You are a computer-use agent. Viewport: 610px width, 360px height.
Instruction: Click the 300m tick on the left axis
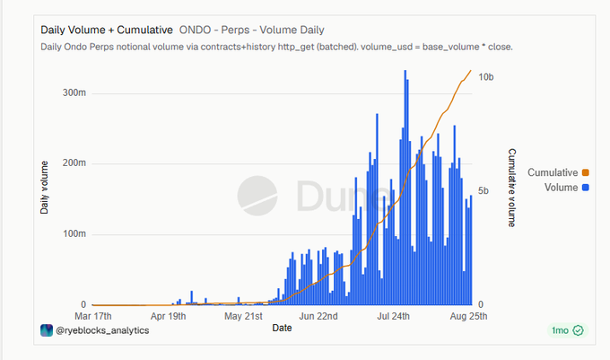[x=74, y=93]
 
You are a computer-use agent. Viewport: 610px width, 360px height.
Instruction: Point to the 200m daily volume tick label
[x=74, y=163]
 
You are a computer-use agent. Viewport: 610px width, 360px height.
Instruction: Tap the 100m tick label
[x=74, y=234]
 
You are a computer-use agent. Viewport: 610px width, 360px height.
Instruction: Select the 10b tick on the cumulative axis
[x=486, y=77]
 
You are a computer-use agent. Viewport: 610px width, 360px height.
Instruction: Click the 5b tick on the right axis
[x=484, y=190]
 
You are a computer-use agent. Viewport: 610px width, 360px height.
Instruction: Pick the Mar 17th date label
[x=93, y=316]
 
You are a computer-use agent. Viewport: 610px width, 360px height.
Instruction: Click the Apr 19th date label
[x=168, y=316]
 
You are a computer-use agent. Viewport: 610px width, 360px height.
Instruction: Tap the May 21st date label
[x=243, y=316]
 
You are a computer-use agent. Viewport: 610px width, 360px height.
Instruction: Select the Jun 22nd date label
[x=318, y=316]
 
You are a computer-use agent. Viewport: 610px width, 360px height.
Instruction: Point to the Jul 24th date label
[x=393, y=316]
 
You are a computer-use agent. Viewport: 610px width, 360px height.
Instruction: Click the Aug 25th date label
[x=468, y=316]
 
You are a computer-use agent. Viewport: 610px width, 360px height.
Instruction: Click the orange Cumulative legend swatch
[x=586, y=172]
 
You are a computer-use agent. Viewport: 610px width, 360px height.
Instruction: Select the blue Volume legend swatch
[x=586, y=188]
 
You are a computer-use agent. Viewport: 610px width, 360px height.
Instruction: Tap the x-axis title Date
[x=282, y=328]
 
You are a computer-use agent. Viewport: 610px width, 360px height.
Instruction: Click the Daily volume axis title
[x=44, y=188]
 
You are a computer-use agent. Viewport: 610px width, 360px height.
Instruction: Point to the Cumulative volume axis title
[x=512, y=188]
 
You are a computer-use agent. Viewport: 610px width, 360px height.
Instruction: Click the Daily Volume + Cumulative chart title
[x=107, y=30]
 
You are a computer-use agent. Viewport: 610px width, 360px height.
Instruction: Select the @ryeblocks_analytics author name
[x=102, y=330]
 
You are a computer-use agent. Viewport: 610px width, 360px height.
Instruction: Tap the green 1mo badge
[x=568, y=330]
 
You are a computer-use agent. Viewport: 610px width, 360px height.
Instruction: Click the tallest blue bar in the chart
[x=405, y=188]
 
